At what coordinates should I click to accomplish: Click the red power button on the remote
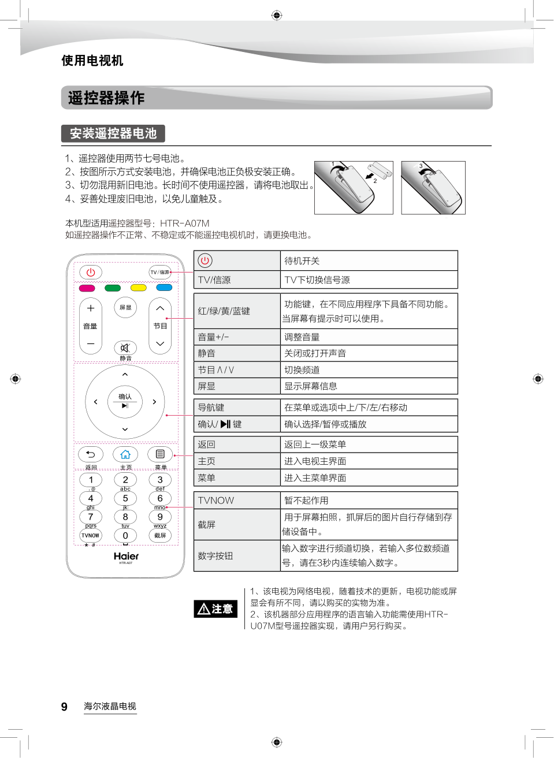tap(91, 272)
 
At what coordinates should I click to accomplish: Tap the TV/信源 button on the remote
tap(160, 272)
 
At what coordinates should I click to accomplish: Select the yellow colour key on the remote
tap(139, 287)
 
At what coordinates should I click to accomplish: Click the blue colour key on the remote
tap(164, 287)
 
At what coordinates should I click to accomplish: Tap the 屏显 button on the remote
tap(125, 308)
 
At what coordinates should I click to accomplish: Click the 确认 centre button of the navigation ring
tap(125, 401)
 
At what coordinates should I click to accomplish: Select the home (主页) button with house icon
tap(125, 454)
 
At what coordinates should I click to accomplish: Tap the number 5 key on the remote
tap(125, 498)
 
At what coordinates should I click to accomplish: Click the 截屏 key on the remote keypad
tap(160, 535)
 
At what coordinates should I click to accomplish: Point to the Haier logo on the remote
tap(126, 556)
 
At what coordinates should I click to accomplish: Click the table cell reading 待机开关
tap(369, 261)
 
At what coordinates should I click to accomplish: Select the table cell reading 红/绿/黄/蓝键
tap(237, 311)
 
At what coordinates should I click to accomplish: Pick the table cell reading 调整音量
tap(369, 337)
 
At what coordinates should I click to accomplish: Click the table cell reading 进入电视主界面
tap(369, 461)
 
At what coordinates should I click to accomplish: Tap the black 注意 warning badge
tap(215, 608)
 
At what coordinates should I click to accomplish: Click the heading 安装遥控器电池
tap(113, 133)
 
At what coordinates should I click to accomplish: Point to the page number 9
tap(64, 707)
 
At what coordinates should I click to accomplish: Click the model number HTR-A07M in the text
tap(185, 223)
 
